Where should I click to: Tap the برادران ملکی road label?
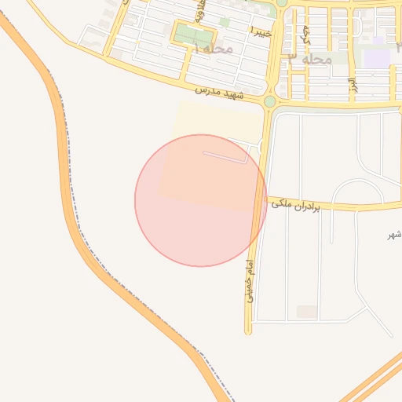[x=298, y=206]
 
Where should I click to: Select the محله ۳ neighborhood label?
[x=310, y=59]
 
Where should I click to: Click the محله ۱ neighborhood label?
[x=214, y=49]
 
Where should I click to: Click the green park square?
[x=193, y=35]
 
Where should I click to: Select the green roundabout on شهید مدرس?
[x=270, y=101]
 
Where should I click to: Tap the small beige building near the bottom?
[x=307, y=312]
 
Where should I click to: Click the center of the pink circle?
[x=201, y=200]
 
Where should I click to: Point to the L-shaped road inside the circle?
[x=228, y=158]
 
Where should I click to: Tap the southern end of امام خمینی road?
[x=249, y=329]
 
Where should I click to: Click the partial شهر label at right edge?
[x=394, y=236]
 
